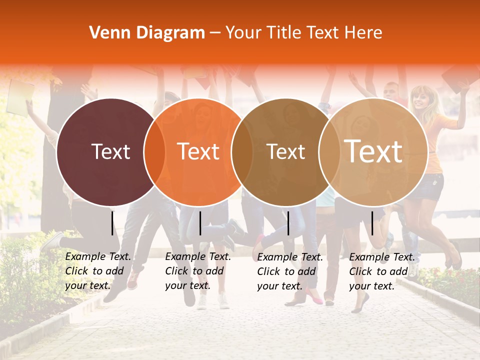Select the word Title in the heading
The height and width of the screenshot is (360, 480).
286,33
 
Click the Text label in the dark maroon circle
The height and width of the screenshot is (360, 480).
110,151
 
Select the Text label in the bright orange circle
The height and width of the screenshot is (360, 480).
198,151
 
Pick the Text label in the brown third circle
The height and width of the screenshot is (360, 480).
286,151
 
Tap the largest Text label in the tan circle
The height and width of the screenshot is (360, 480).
373,151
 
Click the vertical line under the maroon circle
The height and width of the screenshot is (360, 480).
112,223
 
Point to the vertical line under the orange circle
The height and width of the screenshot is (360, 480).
200,223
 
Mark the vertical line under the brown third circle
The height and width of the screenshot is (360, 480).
288,223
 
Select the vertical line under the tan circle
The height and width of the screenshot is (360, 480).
372,223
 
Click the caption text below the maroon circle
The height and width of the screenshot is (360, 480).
98,271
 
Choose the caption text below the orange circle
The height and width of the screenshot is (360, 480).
198,271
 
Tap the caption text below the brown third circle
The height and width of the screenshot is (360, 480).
290,271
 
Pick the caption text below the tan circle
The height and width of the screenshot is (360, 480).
382,271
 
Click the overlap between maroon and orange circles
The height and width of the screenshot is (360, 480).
154,152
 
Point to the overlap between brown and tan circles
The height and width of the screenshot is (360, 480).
329,152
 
